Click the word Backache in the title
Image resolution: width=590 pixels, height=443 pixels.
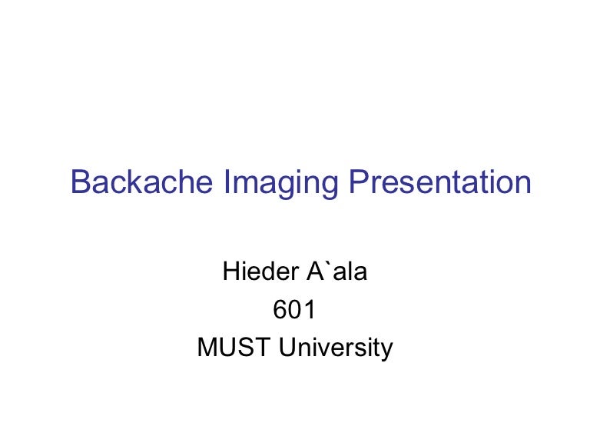pyautogui.click(x=141, y=182)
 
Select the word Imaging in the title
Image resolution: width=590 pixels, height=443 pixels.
pyautogui.click(x=280, y=184)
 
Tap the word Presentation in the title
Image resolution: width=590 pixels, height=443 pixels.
pyautogui.click(x=440, y=182)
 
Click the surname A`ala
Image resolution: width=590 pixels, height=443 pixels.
pyautogui.click(x=336, y=271)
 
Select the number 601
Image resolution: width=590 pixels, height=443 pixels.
pyautogui.click(x=294, y=309)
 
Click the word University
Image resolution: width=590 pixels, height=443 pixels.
pyautogui.click(x=336, y=348)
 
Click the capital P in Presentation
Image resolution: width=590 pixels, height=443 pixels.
pyautogui.click(x=359, y=182)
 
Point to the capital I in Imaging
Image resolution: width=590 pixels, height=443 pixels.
pyautogui.click(x=227, y=182)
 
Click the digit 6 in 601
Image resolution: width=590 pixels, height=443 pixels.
pyautogui.click(x=280, y=309)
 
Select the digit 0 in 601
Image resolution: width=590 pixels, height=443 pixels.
pyautogui.click(x=295, y=309)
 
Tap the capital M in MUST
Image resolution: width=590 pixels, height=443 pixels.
pyautogui.click(x=207, y=347)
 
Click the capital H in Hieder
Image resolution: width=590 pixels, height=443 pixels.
pyautogui.click(x=230, y=271)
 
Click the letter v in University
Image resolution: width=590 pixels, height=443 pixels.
pyautogui.click(x=332, y=349)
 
